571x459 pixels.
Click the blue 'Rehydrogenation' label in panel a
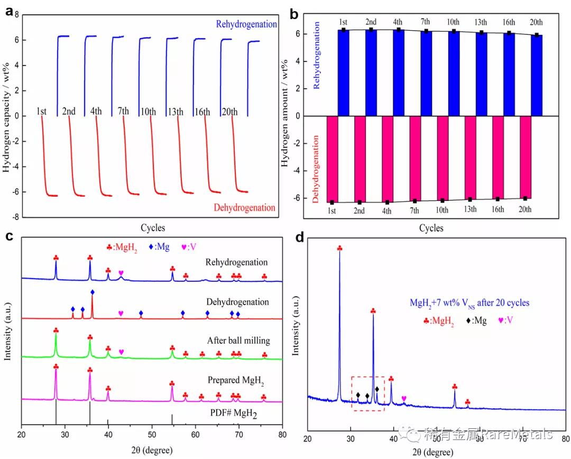pyautogui.click(x=246, y=24)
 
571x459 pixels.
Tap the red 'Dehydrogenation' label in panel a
pyautogui.click(x=245, y=208)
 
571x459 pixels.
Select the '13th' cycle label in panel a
pyautogui.click(x=176, y=112)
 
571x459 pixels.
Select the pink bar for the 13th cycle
pyautogui.click(x=469, y=157)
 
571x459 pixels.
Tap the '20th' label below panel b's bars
pyautogui.click(x=525, y=209)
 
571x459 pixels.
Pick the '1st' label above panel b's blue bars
pyautogui.click(x=343, y=23)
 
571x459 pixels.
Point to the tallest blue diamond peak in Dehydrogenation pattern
pyautogui.click(x=93, y=292)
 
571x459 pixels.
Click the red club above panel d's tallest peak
pyautogui.click(x=339, y=248)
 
